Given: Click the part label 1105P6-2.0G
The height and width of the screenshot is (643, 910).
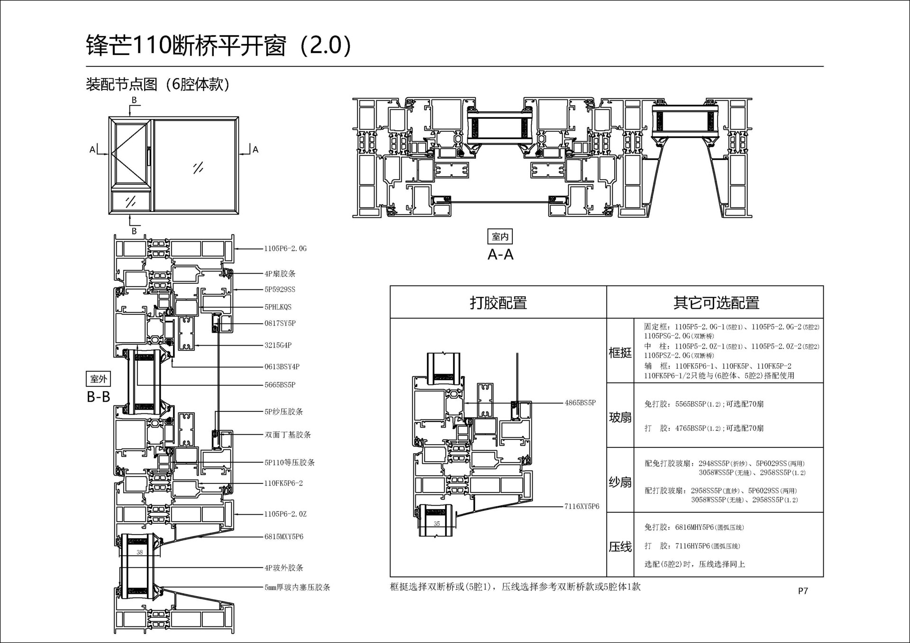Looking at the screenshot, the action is pos(285,249).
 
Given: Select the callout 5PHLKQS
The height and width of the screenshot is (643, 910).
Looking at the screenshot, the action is pos(278,307).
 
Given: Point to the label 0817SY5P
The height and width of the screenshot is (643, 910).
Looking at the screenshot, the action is pos(280,323).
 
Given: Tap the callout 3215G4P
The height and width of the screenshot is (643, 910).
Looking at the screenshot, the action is pos(278,346).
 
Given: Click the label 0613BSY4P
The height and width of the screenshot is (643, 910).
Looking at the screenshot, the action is pos(282,367).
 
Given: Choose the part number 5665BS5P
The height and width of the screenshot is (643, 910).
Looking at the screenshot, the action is pos(280,385).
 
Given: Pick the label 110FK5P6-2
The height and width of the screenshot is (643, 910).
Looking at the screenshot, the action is pos(283,483).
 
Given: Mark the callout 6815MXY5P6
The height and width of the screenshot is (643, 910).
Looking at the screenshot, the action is pos(284,537).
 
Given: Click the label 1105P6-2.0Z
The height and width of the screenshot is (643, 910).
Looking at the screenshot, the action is pos(285,514).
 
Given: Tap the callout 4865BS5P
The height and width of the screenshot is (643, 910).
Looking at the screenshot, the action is pos(580,403).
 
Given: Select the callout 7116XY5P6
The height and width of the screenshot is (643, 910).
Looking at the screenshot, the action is pos(582,507).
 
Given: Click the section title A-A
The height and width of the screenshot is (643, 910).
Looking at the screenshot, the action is pos(500,255).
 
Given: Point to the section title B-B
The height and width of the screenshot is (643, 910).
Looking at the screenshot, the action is pos(99,397).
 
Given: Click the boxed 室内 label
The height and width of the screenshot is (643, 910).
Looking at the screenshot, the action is pos(500,236).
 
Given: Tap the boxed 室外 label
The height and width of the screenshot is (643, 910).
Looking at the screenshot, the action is pos(99,379).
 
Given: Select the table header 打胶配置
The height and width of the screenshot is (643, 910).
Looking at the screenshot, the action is pos(498,303).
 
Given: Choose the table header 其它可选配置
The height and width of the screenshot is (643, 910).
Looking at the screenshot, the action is pos(716,303).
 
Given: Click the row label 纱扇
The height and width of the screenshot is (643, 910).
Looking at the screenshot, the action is pos(620,482).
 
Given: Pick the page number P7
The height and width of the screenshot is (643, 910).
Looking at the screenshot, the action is pos(803,591).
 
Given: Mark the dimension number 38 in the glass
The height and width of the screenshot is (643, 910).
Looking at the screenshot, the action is pos(139,553).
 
